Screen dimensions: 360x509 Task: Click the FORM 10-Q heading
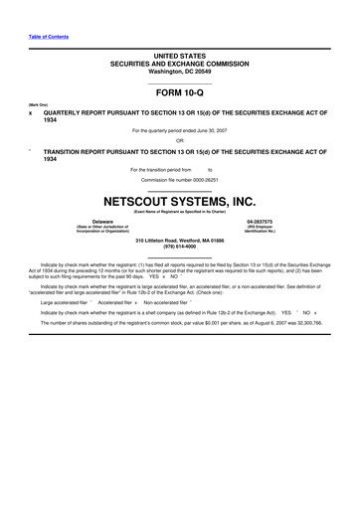pos(179,91)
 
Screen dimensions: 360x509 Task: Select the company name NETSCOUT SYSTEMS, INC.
pos(179,201)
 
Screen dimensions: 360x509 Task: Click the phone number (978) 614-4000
pos(179,247)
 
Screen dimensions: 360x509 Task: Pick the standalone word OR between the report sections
pos(179,140)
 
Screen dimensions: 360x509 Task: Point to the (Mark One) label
pos(38,103)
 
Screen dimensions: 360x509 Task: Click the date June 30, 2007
pos(215,130)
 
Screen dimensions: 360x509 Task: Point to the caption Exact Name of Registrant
pos(179,212)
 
